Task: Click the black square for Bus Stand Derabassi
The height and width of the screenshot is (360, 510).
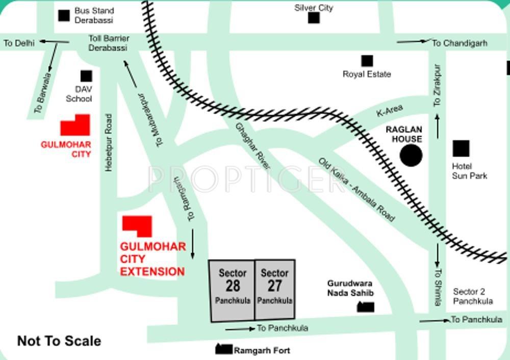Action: [x=64, y=16]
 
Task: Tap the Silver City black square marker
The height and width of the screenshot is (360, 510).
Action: [x=314, y=18]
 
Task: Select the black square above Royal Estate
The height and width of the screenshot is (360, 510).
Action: [x=367, y=61]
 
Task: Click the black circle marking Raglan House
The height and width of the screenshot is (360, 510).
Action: [x=411, y=156]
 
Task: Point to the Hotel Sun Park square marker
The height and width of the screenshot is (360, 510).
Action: [x=461, y=149]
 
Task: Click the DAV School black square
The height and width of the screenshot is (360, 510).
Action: [x=86, y=76]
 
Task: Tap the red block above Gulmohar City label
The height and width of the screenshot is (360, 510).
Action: [x=75, y=126]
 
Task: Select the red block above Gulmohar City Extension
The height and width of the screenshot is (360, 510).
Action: [x=137, y=226]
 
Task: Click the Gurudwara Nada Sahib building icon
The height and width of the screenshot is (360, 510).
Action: [x=365, y=307]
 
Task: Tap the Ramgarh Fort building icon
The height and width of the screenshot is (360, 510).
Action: [x=223, y=349]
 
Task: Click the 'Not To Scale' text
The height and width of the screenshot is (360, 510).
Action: [x=59, y=341]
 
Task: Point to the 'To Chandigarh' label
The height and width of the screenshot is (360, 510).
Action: [x=460, y=43]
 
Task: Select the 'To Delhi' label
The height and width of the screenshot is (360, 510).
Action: [x=19, y=43]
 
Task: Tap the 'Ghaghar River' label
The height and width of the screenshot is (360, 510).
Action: [x=252, y=146]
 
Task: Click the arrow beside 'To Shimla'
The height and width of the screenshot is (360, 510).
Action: [x=437, y=255]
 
